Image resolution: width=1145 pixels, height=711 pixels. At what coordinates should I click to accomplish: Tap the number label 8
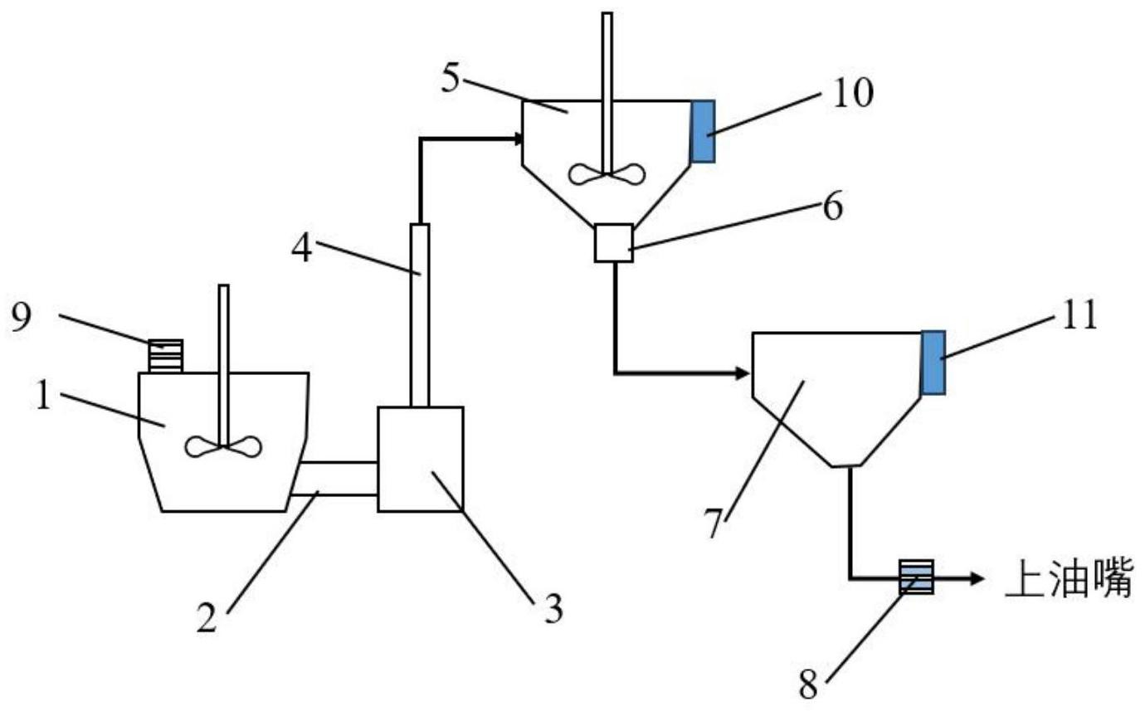tap(807, 686)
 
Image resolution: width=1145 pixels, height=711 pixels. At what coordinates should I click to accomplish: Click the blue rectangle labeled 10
tap(703, 131)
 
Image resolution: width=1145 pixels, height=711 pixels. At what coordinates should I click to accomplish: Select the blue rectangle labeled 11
tap(933, 363)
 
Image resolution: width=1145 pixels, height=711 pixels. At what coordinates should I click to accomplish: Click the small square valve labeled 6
tap(614, 243)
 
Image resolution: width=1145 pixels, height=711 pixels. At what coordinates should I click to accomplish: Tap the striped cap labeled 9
tap(165, 356)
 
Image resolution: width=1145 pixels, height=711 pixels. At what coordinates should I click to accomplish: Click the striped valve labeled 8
tap(917, 577)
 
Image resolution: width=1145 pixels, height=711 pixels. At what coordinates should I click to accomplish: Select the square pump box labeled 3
tap(420, 459)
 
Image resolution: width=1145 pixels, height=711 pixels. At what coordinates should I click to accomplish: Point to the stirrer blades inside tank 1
tap(223, 446)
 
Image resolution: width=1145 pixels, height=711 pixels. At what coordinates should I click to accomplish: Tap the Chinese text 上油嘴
tap(1068, 578)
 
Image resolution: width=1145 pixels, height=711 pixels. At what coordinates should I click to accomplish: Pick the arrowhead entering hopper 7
tap(741, 374)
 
